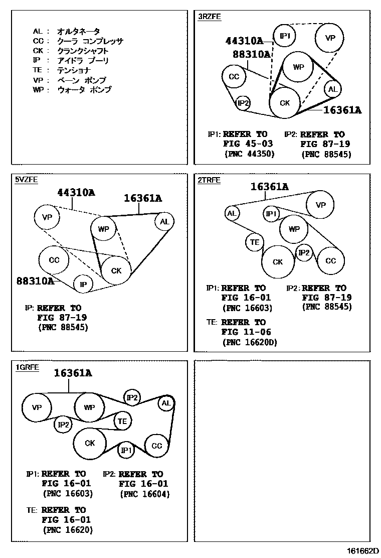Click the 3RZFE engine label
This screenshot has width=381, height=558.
coord(209,17)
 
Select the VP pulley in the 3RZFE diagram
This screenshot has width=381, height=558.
coord(329,38)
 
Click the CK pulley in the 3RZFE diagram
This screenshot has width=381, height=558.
coord(285,103)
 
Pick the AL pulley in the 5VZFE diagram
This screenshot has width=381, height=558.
coord(164,221)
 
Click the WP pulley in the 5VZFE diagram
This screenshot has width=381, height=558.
coord(104,229)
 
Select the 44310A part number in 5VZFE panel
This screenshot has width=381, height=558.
coord(76,192)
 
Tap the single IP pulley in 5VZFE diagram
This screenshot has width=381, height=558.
coord(84,284)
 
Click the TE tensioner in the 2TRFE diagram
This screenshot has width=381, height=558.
coord(255,243)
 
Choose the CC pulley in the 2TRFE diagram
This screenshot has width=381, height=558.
coord(330,260)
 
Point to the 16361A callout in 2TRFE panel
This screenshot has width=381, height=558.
coord(269,187)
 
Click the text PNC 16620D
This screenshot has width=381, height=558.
coord(249,342)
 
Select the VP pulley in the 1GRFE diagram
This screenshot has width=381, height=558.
coord(37,407)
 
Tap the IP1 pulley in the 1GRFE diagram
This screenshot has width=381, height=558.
coord(126,450)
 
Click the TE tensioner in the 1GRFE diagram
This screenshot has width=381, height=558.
coord(122,421)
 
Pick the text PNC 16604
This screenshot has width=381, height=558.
coord(145,494)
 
